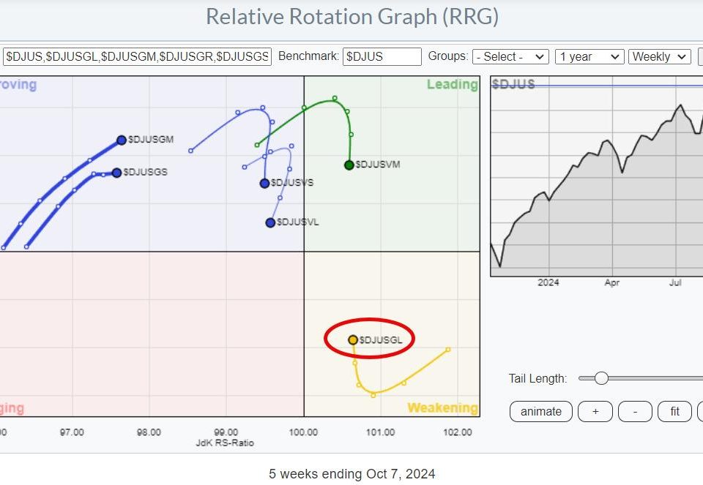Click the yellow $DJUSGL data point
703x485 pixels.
click(353, 339)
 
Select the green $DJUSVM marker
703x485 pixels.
click(349, 165)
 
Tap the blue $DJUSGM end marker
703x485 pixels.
click(122, 140)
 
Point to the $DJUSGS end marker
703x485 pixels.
click(116, 173)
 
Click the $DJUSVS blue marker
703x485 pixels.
click(264, 183)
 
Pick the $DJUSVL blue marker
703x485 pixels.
click(270, 222)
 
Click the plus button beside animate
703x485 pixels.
click(595, 412)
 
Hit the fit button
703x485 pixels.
click(674, 412)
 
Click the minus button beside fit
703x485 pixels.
click(635, 412)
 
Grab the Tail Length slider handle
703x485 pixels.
click(601, 378)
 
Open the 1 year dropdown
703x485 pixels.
click(589, 56)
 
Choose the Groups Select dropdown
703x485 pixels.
click(510, 56)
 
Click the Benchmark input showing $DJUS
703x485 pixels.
click(382, 56)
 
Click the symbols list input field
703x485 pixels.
click(137, 56)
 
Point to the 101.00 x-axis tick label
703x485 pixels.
click(381, 432)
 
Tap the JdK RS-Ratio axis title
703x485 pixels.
click(224, 443)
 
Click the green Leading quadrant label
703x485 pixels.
click(452, 85)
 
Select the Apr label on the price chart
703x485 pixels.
click(612, 282)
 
